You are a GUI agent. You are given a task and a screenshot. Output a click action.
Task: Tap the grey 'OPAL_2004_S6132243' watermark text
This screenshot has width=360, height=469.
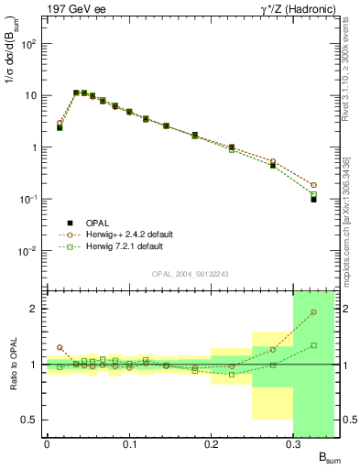point(190,274)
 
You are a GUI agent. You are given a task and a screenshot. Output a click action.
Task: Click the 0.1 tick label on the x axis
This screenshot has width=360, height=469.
point(128,442)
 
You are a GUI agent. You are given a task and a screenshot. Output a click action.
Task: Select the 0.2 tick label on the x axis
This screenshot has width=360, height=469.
point(211,442)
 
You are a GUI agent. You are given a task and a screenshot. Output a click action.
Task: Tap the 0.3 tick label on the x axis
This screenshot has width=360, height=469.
point(293,442)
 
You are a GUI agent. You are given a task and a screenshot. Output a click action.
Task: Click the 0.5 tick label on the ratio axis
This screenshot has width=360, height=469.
point(30,420)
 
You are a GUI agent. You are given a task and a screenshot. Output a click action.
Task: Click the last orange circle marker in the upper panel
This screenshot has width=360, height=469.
point(313,185)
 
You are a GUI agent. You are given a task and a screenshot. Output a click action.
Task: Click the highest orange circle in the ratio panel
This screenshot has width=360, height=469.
point(313,312)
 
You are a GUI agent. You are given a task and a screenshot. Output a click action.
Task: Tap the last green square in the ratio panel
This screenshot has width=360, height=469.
point(313,345)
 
